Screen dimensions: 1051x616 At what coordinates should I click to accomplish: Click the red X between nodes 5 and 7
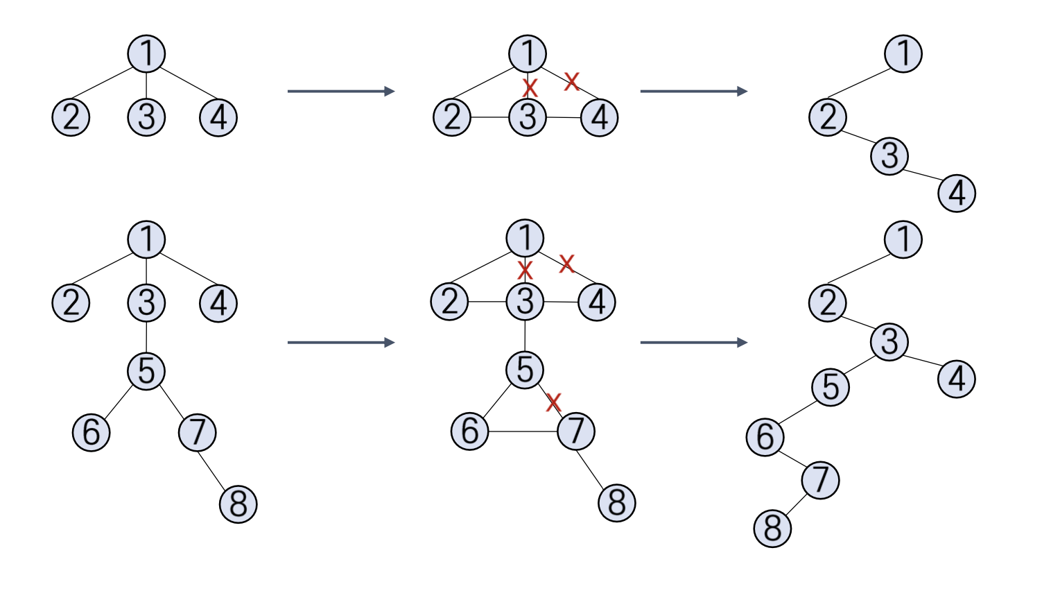coord(553,402)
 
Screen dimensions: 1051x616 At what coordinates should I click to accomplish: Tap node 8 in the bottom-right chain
coord(772,528)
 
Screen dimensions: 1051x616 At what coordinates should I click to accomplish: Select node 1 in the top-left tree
coord(146,53)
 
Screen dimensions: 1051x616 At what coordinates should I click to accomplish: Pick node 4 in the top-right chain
coord(957,193)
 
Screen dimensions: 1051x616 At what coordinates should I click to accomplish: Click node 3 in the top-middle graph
coord(528,117)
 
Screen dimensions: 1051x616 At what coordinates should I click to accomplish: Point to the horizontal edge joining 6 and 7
coord(523,431)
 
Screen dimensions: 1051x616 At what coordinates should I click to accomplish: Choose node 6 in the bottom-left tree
coord(92,432)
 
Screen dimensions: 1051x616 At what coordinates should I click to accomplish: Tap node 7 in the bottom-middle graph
coord(576,431)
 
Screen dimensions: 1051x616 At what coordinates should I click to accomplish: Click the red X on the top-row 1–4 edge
coord(571,81)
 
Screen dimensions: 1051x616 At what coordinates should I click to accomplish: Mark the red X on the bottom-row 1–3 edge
coord(525,269)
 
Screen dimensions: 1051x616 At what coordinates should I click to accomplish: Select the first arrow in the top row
coord(340,91)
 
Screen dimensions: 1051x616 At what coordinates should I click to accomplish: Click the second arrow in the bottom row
coord(693,342)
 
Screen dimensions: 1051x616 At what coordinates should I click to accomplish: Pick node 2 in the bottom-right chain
coord(828,303)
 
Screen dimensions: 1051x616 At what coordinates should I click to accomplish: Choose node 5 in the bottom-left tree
coord(146,370)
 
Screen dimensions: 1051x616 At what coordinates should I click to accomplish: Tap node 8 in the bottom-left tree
coord(238,504)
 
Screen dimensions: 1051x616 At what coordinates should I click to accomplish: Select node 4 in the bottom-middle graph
coord(597,302)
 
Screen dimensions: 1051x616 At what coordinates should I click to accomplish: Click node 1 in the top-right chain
coord(903,53)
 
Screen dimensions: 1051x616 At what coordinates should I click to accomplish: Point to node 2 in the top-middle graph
coord(452,117)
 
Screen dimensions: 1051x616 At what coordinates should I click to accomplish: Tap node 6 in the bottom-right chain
coord(765,437)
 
